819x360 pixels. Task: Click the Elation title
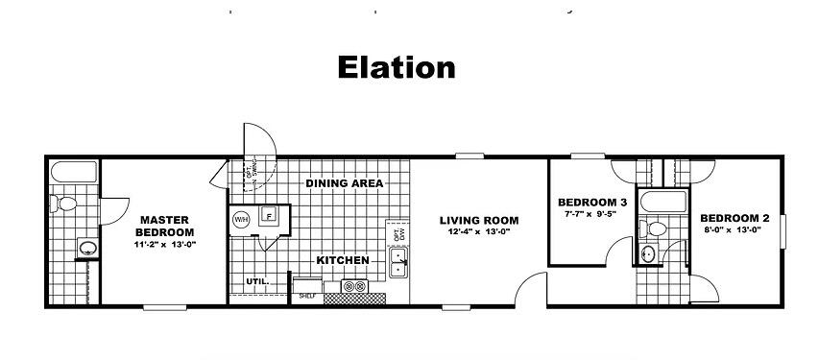pos(396,67)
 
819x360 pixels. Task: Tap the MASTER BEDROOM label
pos(163,226)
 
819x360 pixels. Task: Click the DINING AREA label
pos(345,183)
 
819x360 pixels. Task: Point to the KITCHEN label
pos(343,260)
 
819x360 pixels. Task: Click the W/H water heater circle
pos(240,218)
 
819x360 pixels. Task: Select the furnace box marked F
pos(269,217)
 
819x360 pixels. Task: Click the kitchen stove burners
pos(353,285)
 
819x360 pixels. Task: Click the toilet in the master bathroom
pos(64,204)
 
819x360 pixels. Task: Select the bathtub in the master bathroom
pos(73,173)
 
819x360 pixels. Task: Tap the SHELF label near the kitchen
pos(306,297)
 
